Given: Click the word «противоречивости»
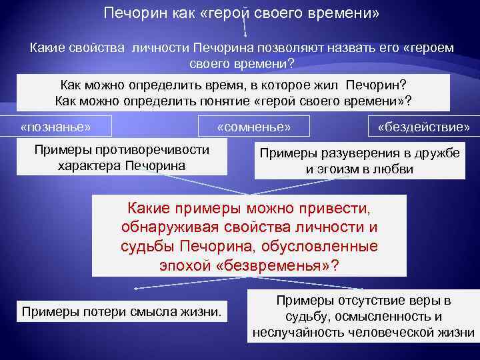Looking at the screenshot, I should pyautogui.click(x=157, y=149).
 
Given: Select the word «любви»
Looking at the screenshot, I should pyautogui.click(x=395, y=169).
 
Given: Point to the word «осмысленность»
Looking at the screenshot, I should pyautogui.click(x=381, y=317).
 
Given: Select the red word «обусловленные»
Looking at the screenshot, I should pyautogui.click(x=329, y=246).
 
